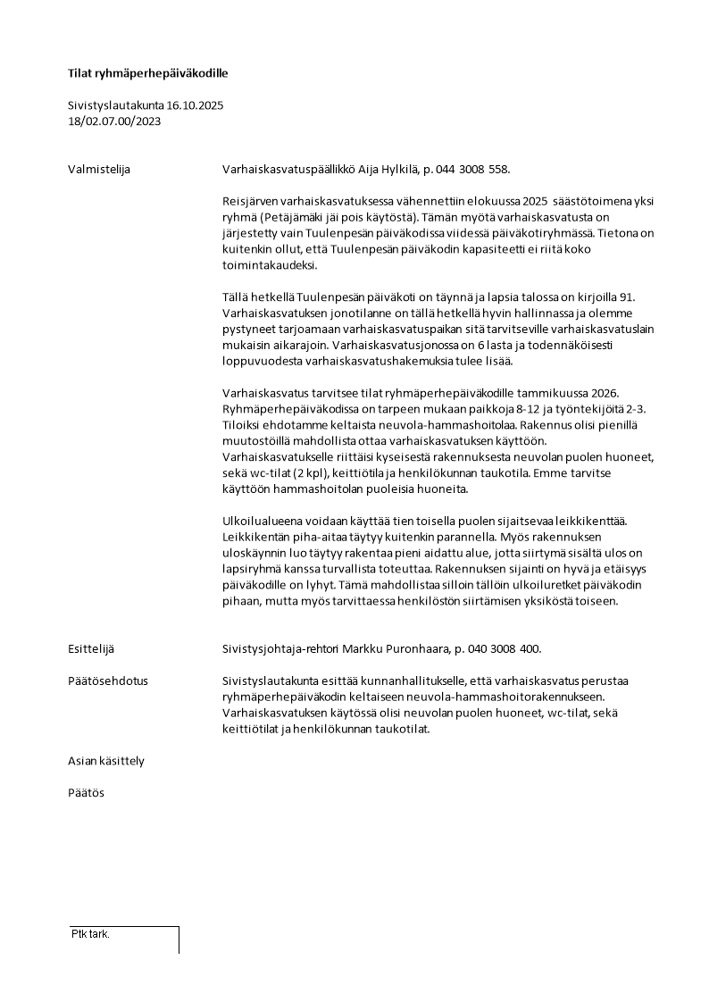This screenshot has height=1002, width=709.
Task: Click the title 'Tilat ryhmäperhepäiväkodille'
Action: point(154,73)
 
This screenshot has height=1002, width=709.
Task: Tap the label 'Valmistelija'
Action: point(99,169)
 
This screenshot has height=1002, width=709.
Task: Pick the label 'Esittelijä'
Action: point(91,648)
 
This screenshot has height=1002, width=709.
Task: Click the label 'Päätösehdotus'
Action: point(108,681)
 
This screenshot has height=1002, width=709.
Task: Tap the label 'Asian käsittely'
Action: point(106,761)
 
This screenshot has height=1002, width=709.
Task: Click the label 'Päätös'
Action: point(86,792)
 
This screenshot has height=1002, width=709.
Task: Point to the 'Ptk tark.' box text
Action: point(90,934)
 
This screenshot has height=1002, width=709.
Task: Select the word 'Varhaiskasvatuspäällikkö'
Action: point(288,169)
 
